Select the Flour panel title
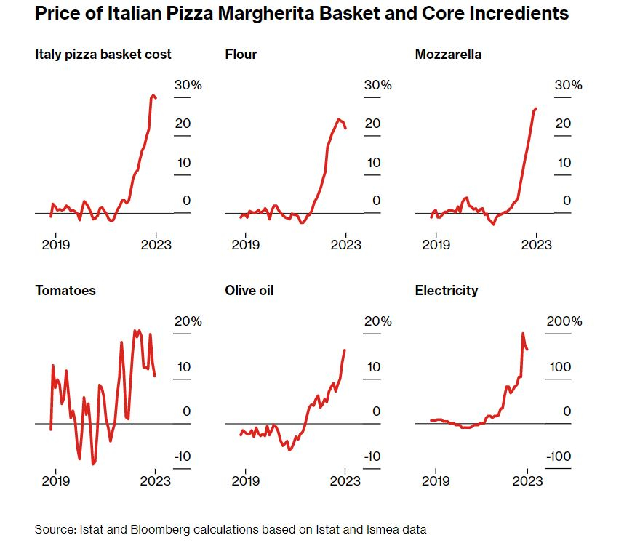241,54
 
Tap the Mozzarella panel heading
448,54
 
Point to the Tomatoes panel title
65,291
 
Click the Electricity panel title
447,291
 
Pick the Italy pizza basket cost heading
103,54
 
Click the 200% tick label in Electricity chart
564,321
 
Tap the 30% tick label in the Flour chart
377,85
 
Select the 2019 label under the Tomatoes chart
55,480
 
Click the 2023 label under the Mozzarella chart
537,244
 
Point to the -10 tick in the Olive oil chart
372,456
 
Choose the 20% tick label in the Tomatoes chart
188,321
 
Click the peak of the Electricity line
523,333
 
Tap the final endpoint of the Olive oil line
345,350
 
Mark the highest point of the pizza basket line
153,95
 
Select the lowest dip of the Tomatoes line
93,464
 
